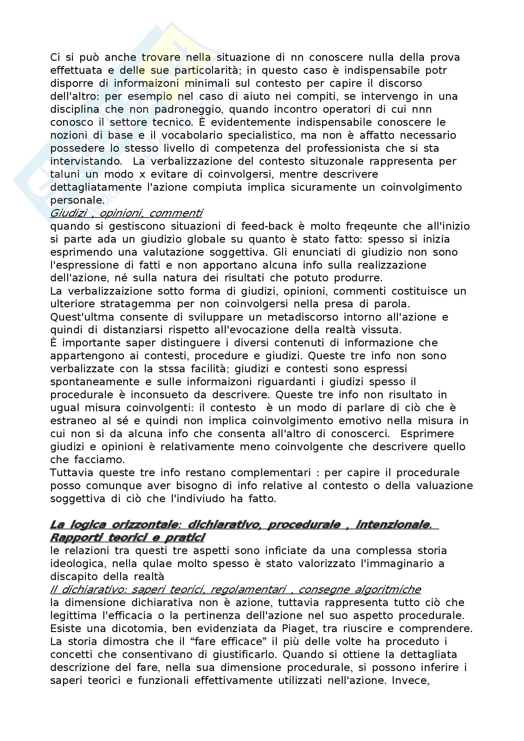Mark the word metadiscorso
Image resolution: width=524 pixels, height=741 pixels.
[302, 317]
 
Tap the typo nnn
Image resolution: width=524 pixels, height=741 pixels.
[422, 109]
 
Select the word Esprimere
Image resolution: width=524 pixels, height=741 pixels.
[427, 434]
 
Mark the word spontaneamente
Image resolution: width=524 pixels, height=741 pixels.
[95, 382]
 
